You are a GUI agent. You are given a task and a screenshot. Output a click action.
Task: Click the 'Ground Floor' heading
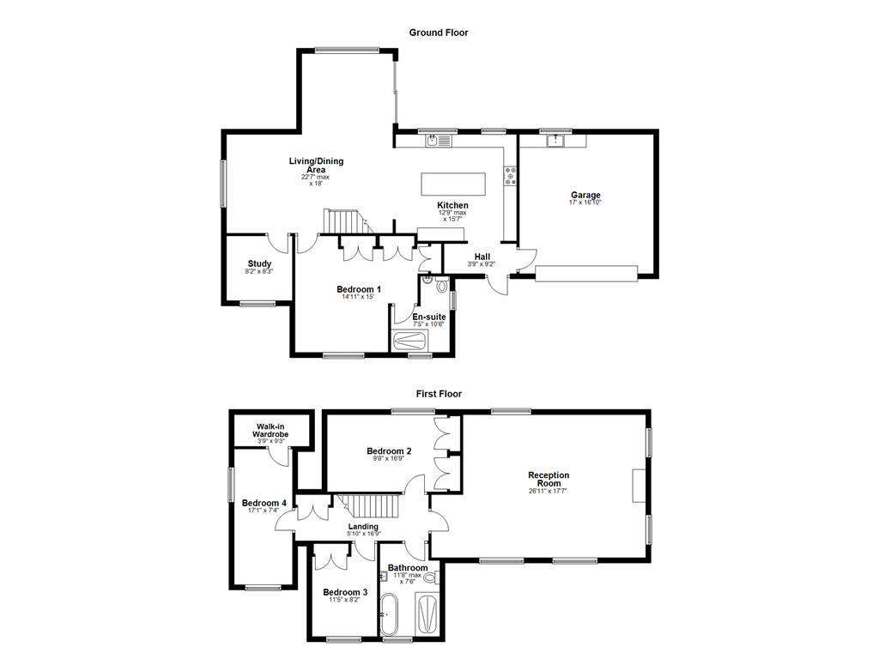click(x=439, y=33)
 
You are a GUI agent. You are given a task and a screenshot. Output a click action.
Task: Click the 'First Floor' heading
click(x=439, y=394)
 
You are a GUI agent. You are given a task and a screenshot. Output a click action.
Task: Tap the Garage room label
click(x=585, y=196)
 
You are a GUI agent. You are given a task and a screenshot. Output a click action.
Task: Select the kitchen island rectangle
click(x=452, y=184)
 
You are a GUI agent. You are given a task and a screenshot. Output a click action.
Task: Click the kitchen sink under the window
click(x=439, y=141)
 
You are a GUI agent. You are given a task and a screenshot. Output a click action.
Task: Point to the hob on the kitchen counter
click(x=511, y=176)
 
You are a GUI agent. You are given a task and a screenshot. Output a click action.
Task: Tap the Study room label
click(x=259, y=264)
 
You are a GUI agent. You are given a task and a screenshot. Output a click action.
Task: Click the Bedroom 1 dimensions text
click(x=359, y=298)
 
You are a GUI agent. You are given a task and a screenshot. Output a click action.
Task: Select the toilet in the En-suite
click(x=441, y=285)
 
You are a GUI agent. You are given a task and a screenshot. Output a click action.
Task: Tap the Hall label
click(x=482, y=257)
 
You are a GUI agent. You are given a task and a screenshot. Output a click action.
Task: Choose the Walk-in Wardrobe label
click(x=270, y=431)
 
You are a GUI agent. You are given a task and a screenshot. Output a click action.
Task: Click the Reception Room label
click(x=549, y=479)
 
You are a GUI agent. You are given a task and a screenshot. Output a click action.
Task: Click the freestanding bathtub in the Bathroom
click(x=391, y=616)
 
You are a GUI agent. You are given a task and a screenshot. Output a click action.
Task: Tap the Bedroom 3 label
click(x=345, y=592)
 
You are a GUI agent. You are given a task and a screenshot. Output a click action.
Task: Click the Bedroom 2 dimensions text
click(x=389, y=459)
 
